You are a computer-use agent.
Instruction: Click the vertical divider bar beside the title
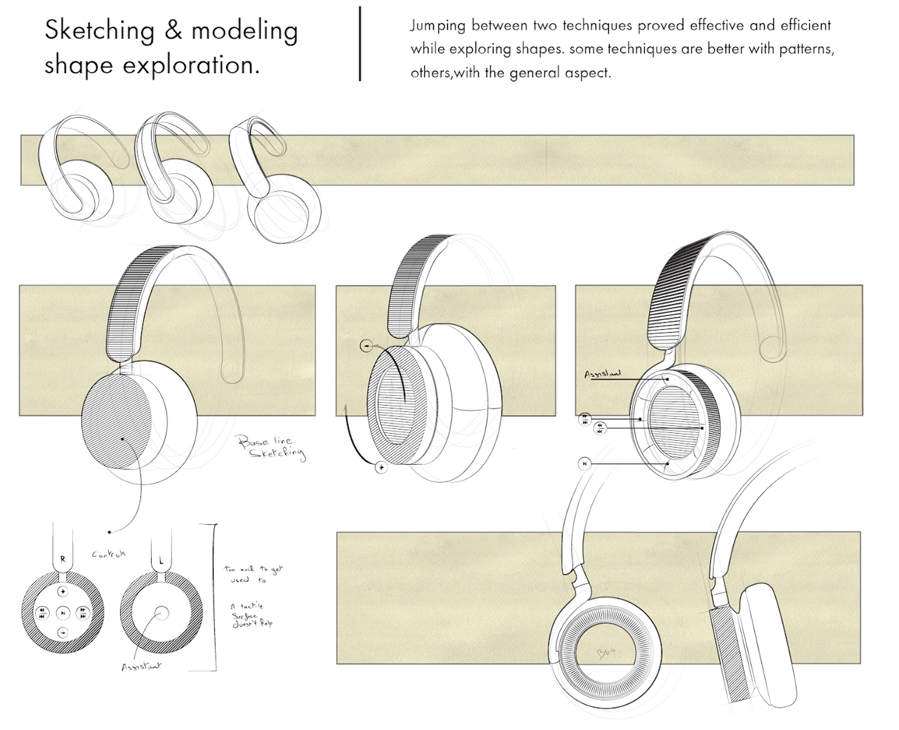(360, 44)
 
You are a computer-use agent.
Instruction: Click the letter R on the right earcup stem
(63, 559)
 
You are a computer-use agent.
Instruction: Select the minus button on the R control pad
(63, 632)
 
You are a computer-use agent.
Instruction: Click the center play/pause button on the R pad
(63, 613)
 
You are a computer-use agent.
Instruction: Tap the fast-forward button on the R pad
(83, 613)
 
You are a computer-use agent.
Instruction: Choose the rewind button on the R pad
(43, 613)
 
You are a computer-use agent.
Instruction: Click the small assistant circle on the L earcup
(162, 613)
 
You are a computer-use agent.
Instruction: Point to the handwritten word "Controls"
(109, 554)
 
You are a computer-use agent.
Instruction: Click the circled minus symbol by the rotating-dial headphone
(365, 345)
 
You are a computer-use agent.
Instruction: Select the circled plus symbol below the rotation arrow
(381, 467)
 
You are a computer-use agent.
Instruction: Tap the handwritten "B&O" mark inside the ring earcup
(605, 653)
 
